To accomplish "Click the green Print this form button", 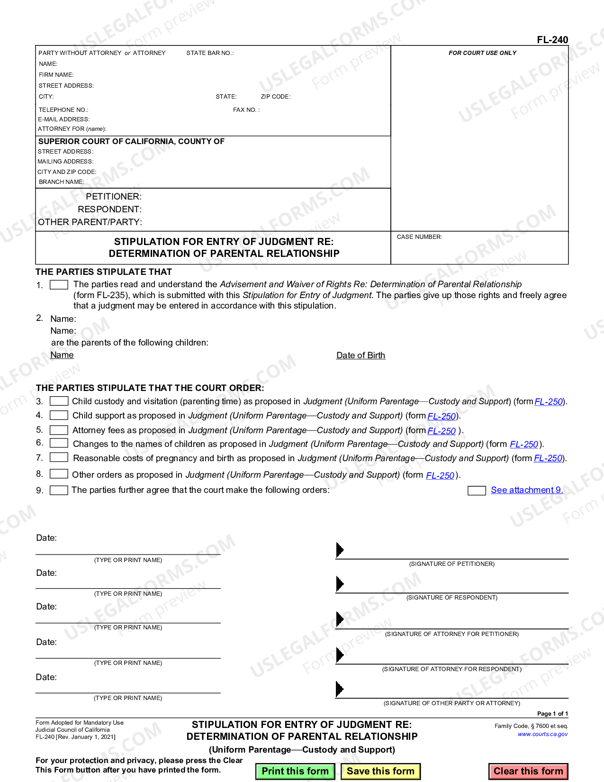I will (295, 771).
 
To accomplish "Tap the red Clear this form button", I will (528, 771).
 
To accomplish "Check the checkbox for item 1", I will (59, 285).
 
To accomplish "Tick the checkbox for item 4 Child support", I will (59, 415).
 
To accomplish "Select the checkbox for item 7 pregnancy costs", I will (59, 457).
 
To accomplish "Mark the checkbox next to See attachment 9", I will (476, 491).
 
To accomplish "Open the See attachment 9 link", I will (527, 490).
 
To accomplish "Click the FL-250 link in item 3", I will (549, 402).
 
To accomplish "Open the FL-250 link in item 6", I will (524, 445).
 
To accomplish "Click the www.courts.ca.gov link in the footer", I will (542, 734).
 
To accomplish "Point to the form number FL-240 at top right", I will (552, 40).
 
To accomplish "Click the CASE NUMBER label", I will (419, 237).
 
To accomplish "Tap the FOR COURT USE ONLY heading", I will (482, 53).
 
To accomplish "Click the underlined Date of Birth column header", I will (361, 355).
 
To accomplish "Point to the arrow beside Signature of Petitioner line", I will (339, 550).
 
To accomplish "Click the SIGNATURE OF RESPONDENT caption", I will (451, 598).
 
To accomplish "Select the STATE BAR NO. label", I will (210, 53).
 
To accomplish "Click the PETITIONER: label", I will (114, 197).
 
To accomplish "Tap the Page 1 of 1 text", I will (552, 714).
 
